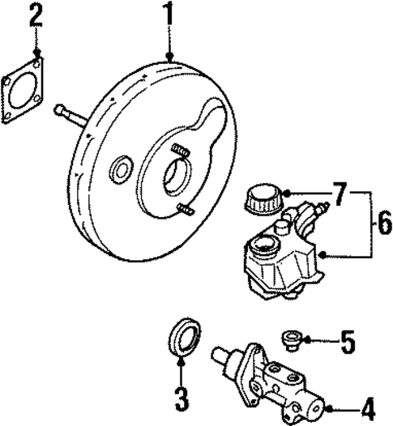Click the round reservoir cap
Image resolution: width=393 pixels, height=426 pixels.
(262, 198)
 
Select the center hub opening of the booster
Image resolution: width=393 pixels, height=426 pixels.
(177, 179)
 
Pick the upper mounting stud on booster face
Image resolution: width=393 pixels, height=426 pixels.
(181, 151)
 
